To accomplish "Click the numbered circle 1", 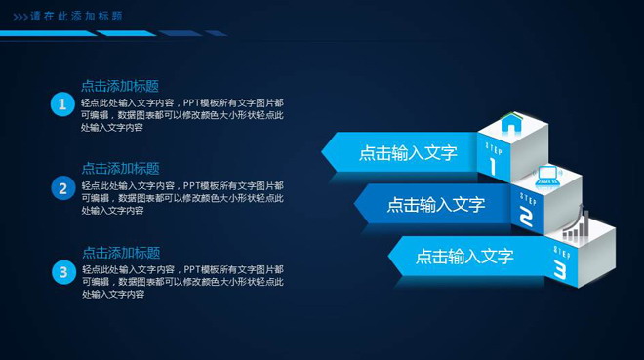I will (x=62, y=104).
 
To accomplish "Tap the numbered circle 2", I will (x=62, y=188).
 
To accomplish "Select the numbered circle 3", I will (x=62, y=272).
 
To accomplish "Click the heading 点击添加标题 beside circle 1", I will (x=120, y=86).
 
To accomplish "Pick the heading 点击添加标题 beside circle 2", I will (x=120, y=169).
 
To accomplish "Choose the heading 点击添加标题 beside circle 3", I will (x=120, y=253).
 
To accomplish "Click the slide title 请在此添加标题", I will (x=77, y=17).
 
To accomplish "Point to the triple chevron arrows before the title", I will (x=20, y=17).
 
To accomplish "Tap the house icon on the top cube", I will (x=511, y=124).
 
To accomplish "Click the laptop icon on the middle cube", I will (x=547, y=176).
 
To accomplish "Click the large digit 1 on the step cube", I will (x=494, y=165).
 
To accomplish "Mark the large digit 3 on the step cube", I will (x=560, y=268).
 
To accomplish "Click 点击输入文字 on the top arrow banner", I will (x=407, y=153).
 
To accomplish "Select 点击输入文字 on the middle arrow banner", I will (x=435, y=205).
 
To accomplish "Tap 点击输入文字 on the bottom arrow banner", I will (x=464, y=257).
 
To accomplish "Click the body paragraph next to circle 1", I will (x=182, y=115).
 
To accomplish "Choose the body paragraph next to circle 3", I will (x=182, y=282).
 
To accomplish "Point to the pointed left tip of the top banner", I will (x=325, y=151).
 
